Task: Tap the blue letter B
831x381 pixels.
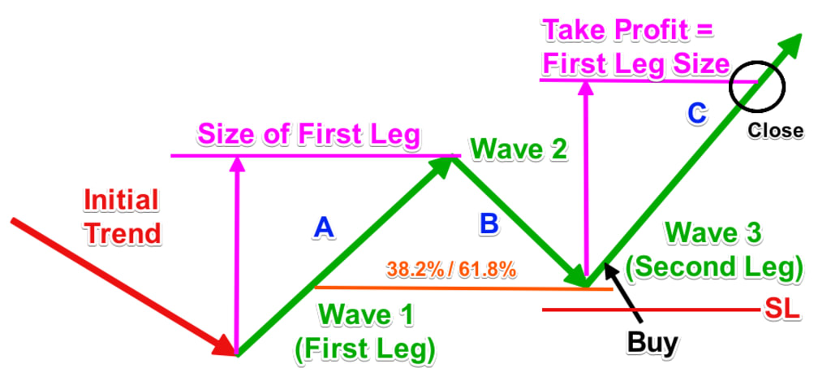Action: point(488,225)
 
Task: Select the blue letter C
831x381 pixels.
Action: point(696,114)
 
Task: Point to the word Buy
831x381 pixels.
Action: point(652,343)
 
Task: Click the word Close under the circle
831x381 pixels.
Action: point(776,130)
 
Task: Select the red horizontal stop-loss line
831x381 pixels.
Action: point(649,310)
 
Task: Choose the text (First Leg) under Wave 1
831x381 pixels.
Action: point(365,348)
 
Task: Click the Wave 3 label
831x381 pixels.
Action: point(713,233)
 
